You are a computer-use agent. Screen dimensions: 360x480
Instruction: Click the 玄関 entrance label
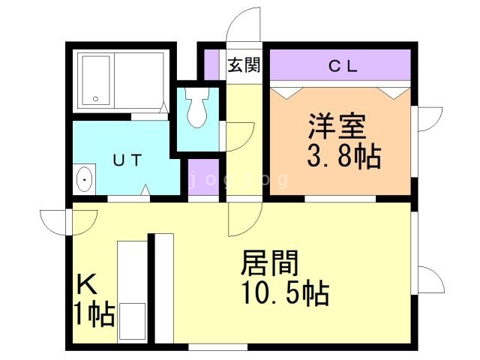[244, 64]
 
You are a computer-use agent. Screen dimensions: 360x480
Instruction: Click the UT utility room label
[124, 159]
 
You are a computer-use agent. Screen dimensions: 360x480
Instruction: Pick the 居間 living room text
[269, 264]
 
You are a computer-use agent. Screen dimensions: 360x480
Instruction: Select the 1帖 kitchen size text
[94, 314]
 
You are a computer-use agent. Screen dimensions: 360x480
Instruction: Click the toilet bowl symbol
[197, 109]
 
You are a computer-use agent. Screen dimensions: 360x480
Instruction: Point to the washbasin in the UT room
[85, 180]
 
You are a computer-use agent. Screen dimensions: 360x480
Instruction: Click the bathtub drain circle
[95, 98]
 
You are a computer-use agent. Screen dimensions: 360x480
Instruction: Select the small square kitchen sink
[133, 321]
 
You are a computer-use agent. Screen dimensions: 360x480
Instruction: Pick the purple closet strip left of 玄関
[211, 64]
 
